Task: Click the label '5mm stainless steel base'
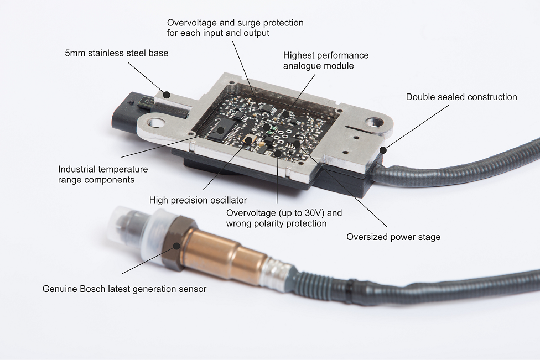point(117,53)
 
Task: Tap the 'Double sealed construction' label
point(461,97)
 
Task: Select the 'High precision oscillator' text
point(198,200)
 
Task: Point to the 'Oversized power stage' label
point(393,237)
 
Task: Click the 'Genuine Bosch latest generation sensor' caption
point(124,289)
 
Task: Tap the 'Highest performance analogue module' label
point(326,61)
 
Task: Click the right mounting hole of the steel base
point(375,122)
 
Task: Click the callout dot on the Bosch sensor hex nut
point(176,246)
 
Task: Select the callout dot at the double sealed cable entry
point(383,150)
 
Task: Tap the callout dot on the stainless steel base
point(167,95)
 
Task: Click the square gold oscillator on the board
point(248,140)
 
